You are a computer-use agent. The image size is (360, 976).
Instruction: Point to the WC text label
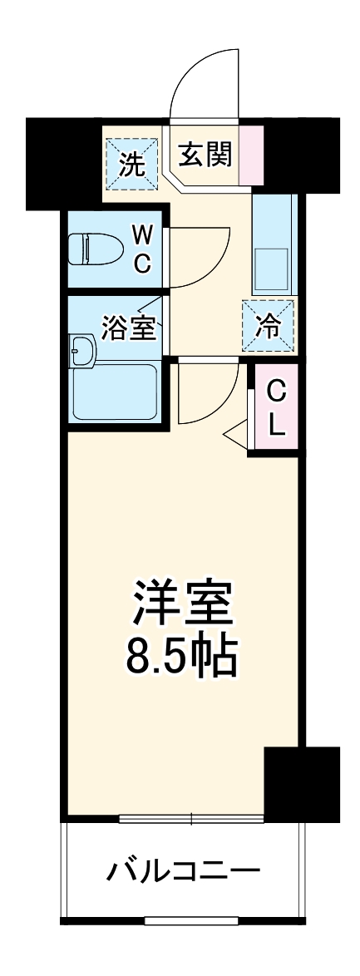click(x=142, y=250)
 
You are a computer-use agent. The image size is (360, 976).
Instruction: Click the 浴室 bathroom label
click(x=129, y=328)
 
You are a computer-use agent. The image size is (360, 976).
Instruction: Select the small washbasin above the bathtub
click(x=83, y=351)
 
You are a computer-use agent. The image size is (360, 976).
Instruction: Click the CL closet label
click(x=277, y=409)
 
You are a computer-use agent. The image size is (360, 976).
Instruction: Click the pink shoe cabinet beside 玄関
click(x=251, y=155)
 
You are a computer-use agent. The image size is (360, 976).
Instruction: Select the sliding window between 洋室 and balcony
click(x=191, y=820)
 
